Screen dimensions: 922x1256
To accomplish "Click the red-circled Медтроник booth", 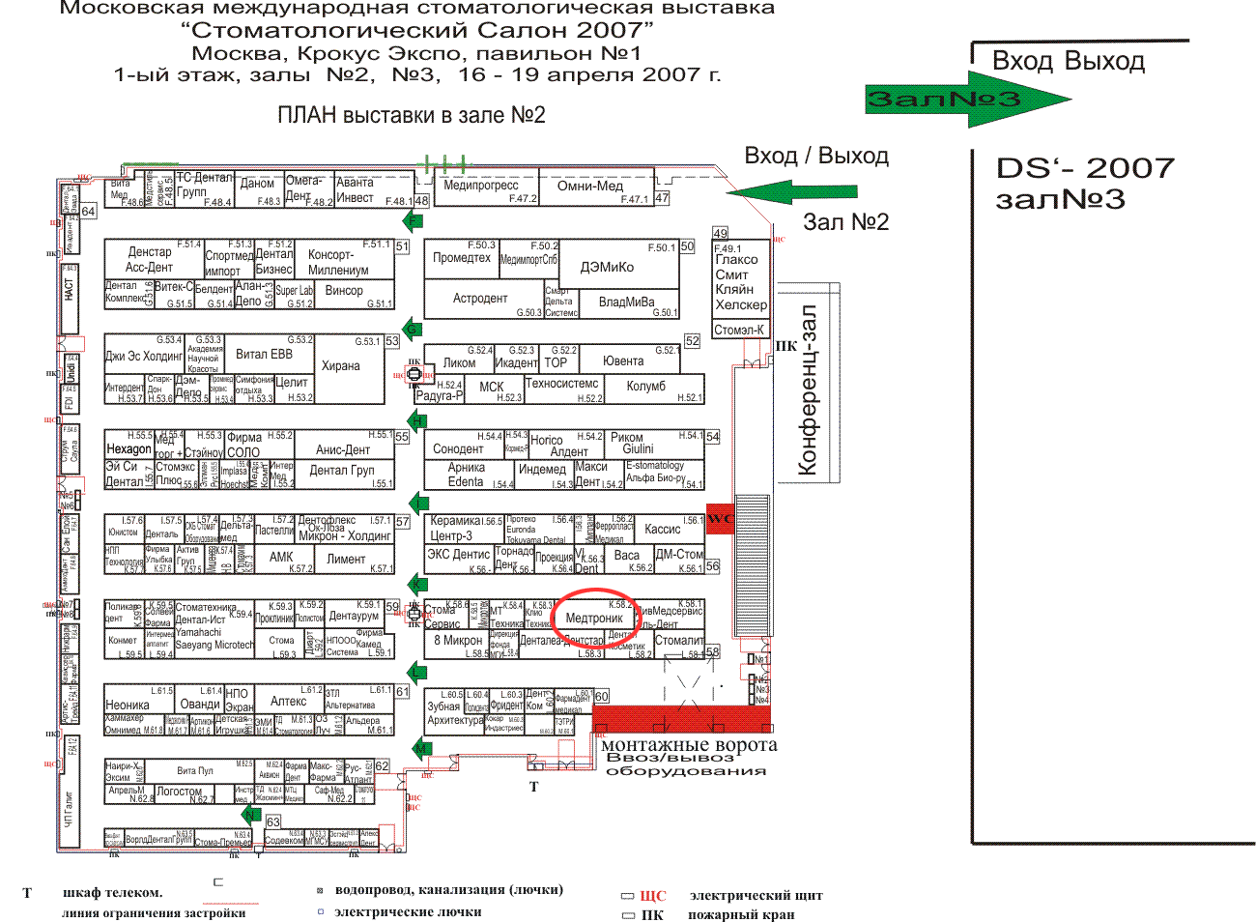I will coord(594,619).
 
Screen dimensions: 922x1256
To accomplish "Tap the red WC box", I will coord(720,519).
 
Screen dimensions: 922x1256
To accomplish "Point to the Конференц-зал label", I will coord(809,390).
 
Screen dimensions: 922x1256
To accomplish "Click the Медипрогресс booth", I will coord(480,186).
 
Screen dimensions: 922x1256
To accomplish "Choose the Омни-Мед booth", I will coord(590,186).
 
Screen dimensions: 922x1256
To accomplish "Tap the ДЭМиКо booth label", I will coord(607,267).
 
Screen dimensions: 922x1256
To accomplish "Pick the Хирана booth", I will coord(340,366).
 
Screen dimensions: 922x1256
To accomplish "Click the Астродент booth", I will coord(480,299).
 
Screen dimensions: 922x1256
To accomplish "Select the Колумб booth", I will coord(645,387).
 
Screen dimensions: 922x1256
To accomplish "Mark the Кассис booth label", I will coord(662,529).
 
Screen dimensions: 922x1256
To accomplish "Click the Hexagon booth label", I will coord(128,449).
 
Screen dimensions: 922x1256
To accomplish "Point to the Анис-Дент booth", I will coord(343,449).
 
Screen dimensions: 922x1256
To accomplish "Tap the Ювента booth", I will coord(623,361).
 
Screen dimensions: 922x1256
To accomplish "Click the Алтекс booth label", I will coord(288,702).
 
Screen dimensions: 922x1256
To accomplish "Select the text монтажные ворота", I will coord(688,745).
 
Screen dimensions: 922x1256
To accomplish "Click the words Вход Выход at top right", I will coord(1068,62).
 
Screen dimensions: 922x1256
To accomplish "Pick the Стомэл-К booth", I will coord(739,330).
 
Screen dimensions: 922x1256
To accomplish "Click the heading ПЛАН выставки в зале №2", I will coord(411,116).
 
